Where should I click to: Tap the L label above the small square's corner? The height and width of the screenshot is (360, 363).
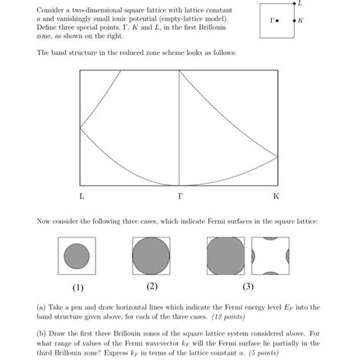299,5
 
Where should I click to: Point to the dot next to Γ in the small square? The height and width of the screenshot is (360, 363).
277,21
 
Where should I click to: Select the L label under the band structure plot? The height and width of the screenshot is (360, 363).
81,196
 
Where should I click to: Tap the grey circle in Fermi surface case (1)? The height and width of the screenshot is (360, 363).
77,255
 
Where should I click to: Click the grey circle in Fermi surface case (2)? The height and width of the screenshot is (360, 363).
152,255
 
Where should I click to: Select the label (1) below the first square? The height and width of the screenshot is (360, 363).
77,288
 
